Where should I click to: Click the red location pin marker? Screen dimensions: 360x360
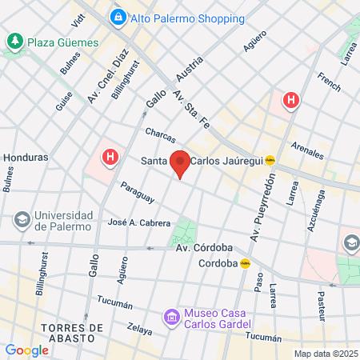tap(181, 162)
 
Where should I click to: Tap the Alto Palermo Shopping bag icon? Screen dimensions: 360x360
tap(118, 17)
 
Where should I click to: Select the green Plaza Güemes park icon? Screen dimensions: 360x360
tap(15, 41)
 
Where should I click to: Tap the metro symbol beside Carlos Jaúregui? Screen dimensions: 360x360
tap(270, 159)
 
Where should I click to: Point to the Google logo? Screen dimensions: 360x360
tap(26, 350)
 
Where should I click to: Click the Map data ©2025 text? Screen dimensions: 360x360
tap(325, 354)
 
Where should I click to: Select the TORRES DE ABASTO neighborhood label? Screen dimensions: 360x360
tap(71, 334)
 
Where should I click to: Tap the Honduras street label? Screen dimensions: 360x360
tap(26, 158)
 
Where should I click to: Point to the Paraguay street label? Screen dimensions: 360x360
tap(137, 193)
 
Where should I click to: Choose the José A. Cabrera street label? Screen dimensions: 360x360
tap(138, 222)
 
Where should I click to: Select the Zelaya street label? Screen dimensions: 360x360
tap(139, 329)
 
